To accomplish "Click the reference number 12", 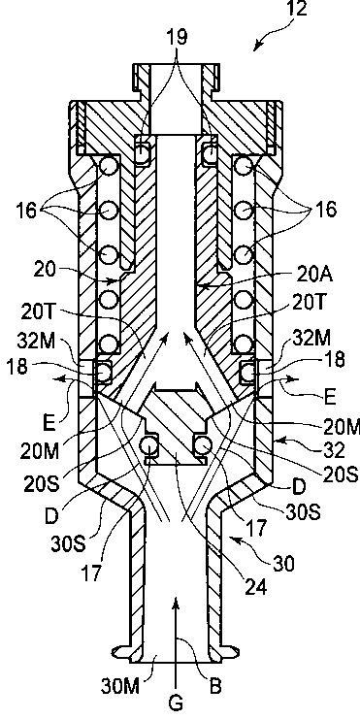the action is [x=297, y=9].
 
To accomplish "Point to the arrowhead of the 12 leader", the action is [x=256, y=47].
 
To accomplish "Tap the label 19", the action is [x=179, y=38].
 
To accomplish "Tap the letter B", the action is [x=214, y=686].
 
